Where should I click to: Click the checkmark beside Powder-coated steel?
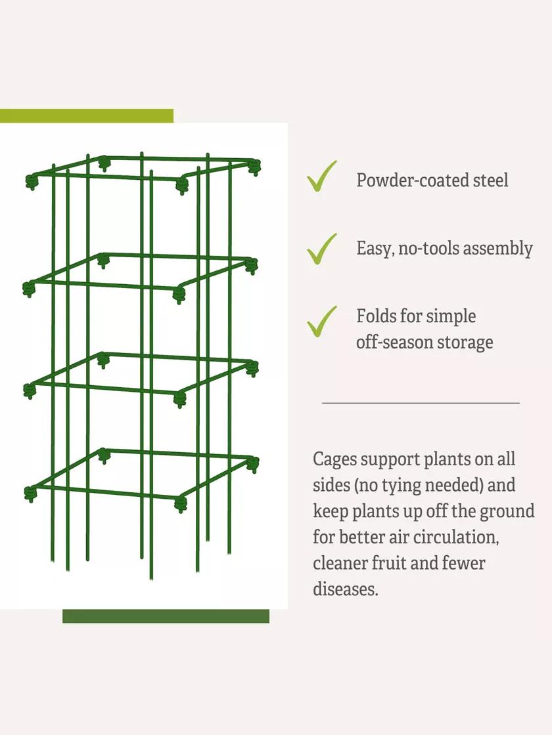pos(321,177)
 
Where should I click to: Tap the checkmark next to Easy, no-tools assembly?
pos(321,249)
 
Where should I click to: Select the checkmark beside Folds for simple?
pos(321,322)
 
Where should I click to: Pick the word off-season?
pos(394,342)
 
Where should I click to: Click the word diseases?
pos(346,589)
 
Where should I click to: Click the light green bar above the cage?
pos(86,115)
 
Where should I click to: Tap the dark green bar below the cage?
pos(166,616)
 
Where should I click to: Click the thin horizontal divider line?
pos(421,403)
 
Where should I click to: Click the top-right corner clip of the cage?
pos(255,167)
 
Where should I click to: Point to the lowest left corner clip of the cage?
pos(30,494)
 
